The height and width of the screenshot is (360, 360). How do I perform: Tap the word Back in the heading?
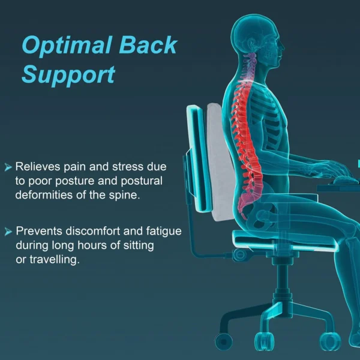(147, 46)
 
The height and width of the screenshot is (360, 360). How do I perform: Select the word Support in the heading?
(68, 75)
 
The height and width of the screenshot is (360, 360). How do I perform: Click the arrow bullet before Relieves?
(8, 166)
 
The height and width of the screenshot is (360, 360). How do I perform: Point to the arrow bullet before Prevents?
(8, 231)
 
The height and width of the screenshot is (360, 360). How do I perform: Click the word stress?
(128, 166)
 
